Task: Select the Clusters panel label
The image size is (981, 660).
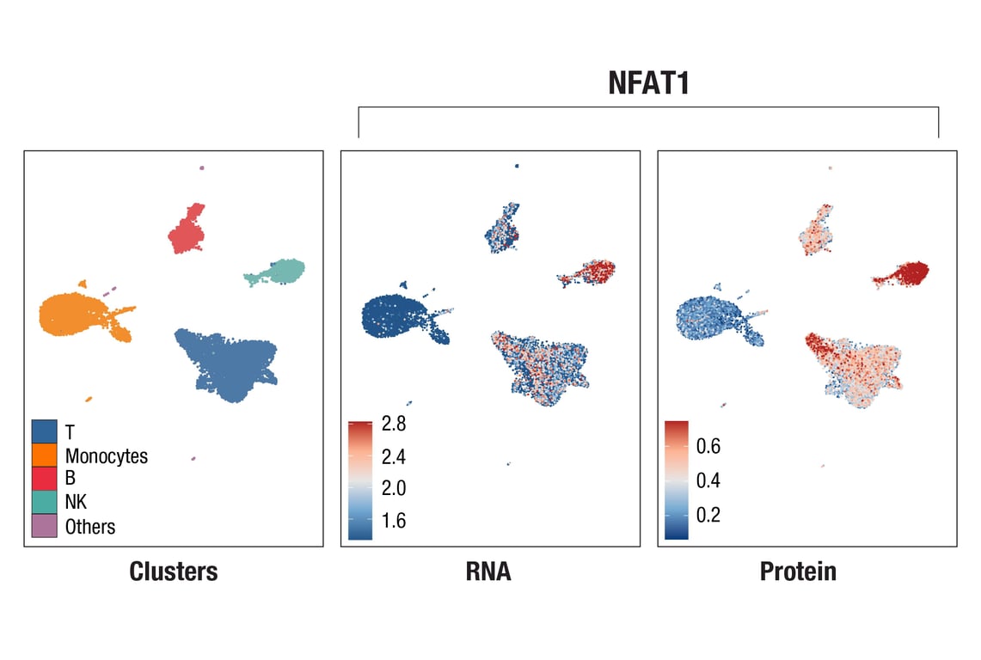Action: click(173, 571)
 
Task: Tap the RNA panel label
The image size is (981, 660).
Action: click(488, 571)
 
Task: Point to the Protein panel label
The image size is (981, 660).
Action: click(798, 571)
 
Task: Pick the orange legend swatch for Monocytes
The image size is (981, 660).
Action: click(45, 455)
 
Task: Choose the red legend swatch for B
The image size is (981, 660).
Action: click(45, 479)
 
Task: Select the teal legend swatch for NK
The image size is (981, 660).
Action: click(45, 502)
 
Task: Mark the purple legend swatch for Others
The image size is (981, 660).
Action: click(45, 525)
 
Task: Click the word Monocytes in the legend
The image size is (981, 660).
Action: click(107, 456)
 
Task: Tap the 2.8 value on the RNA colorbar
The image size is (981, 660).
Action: click(394, 424)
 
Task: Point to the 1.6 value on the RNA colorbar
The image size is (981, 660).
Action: click(394, 521)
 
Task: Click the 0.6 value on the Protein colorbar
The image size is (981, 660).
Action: click(708, 446)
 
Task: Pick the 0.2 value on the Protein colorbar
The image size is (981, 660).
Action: click(708, 515)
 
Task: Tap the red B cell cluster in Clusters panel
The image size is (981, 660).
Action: click(187, 229)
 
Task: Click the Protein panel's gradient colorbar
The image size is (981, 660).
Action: click(677, 480)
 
